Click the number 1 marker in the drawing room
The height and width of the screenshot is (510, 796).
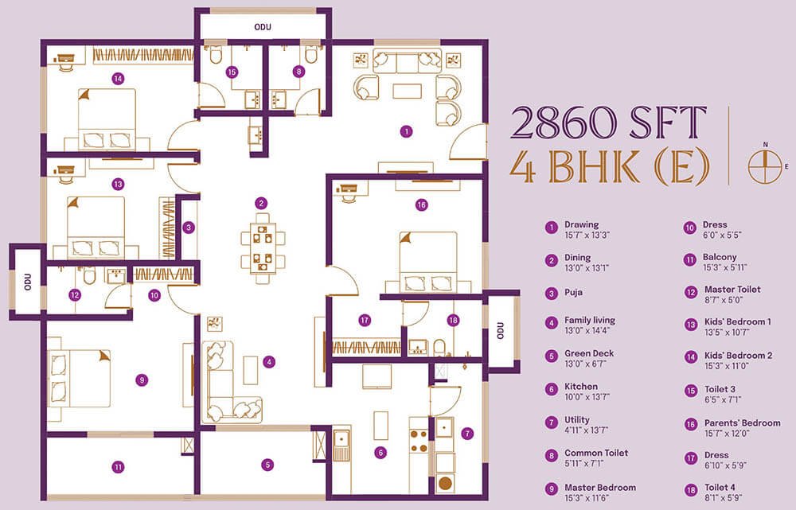coord(406,132)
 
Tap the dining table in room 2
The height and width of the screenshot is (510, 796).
coord(263,248)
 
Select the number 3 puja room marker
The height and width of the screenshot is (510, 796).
coord(189,228)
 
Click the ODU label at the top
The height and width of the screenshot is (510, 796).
coord(263,27)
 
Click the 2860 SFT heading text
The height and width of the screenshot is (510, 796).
coord(608,123)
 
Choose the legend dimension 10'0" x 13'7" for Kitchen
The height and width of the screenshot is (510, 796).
coord(587,397)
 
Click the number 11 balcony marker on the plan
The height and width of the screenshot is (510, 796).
coord(119,467)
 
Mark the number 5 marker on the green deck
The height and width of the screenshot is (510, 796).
coord(267,465)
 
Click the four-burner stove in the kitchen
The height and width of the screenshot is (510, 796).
coord(419,441)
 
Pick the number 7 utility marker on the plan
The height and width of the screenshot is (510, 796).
coord(467,434)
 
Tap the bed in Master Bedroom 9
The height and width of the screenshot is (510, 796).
coord(80,379)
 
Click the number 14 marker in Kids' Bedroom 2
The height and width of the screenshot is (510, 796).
coord(119,79)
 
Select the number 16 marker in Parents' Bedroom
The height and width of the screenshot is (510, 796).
coord(421,205)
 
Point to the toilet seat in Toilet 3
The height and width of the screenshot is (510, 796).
coord(215,54)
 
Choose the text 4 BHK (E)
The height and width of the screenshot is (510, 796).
coord(609,166)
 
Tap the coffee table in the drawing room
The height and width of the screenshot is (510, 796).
coord(407,91)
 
